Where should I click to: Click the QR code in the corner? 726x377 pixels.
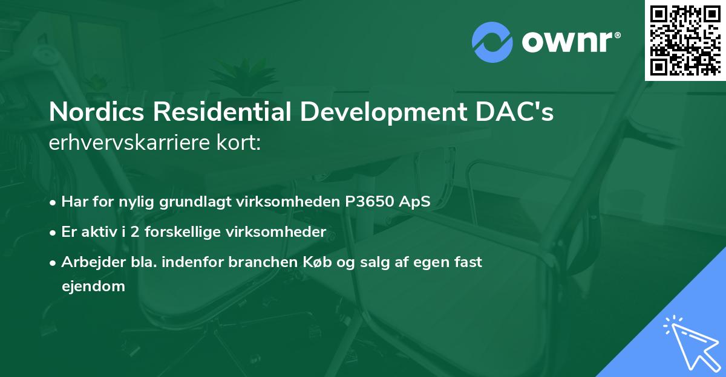[x=685, y=40]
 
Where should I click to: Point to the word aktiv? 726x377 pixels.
[x=97, y=231]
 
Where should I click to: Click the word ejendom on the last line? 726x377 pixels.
[x=93, y=286]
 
